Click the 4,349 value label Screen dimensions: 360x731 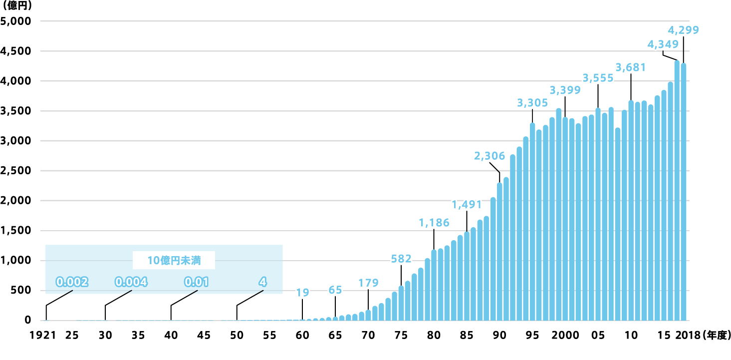click(x=663, y=44)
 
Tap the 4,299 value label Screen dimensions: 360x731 click(x=683, y=29)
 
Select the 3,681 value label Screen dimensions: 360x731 click(x=631, y=67)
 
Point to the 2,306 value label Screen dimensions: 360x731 click(x=489, y=156)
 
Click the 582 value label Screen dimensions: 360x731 click(x=401, y=259)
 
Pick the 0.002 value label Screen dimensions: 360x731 click(x=72, y=282)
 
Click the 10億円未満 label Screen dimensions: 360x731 click(x=174, y=260)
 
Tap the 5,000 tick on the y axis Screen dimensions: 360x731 click(x=16, y=21)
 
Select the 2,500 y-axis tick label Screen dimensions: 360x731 click(x=16, y=171)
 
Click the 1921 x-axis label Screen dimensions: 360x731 click(x=45, y=336)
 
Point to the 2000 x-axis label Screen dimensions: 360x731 click(x=565, y=336)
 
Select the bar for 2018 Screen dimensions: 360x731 click(x=684, y=192)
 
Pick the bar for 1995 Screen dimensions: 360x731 click(x=532, y=222)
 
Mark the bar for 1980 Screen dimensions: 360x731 click(x=434, y=285)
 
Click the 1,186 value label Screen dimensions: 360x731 click(x=434, y=223)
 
